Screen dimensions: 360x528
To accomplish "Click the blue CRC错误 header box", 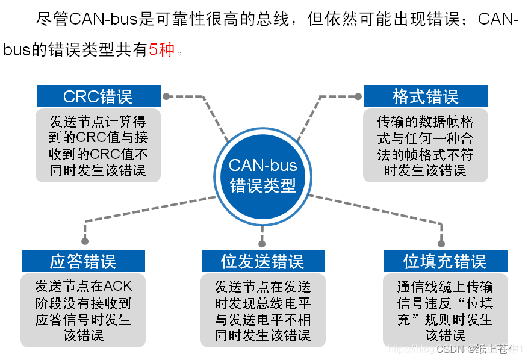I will pos(99,96).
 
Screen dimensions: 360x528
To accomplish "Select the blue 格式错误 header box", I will pos(425,96).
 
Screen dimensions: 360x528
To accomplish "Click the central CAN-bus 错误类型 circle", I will pos(263,175).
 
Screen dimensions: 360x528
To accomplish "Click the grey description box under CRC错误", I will pos(99,145).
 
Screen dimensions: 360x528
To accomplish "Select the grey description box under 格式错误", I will pos(425,145).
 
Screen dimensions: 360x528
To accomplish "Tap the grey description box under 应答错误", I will pos(83,310).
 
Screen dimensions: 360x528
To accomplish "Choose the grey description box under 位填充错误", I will pos(445,310).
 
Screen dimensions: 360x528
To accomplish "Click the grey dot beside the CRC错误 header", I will pos(167,96).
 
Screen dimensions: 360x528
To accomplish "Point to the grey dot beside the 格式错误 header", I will pos(358,96).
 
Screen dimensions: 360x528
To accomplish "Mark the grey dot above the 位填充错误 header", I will pos(441,244).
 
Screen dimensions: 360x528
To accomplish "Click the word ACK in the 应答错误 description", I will pos(118,285).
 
